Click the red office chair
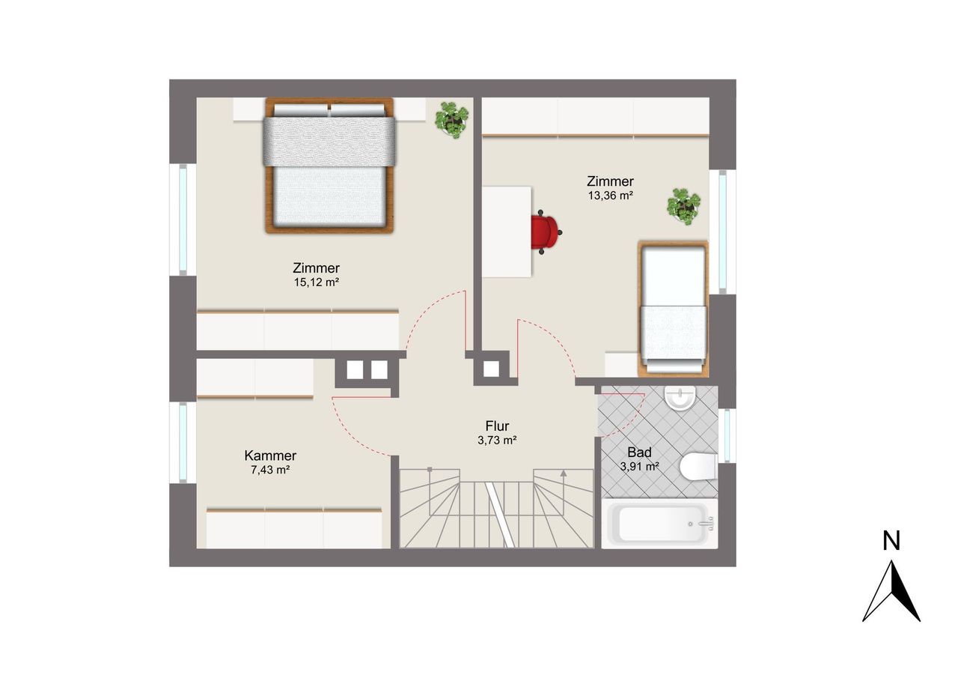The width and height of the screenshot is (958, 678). [546, 232]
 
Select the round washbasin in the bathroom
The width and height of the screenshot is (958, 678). [680, 398]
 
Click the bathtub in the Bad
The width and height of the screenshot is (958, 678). [659, 524]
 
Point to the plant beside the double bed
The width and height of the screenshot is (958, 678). [451, 120]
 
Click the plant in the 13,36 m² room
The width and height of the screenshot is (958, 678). [683, 206]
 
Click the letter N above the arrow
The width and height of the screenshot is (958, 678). [891, 540]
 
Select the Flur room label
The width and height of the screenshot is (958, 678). [497, 426]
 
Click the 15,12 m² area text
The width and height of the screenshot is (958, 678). [317, 282]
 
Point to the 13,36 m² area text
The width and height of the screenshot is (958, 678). [610, 196]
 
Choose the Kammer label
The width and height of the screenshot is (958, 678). [270, 455]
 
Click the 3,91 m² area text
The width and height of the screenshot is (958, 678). [639, 467]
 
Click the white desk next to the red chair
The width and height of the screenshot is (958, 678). [507, 231]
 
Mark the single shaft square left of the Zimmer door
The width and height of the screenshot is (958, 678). [492, 369]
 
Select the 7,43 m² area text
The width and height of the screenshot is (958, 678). [270, 470]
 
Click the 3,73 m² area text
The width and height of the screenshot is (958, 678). [497, 440]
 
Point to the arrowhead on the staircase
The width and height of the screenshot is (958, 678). [564, 473]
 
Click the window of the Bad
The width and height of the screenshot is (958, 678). [727, 435]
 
